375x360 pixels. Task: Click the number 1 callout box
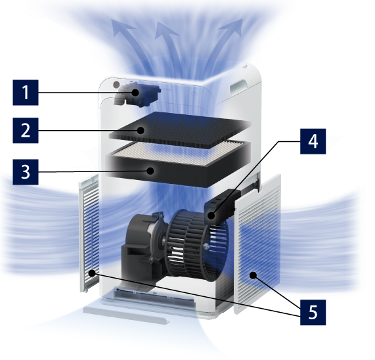click(x=26, y=93)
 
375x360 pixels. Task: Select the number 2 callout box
click(x=26, y=130)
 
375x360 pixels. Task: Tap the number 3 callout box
click(x=26, y=172)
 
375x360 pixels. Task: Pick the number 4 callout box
click(x=313, y=141)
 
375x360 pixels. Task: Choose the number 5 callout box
click(x=313, y=312)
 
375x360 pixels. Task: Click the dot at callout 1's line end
click(x=135, y=93)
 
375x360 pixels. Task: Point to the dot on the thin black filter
click(x=141, y=130)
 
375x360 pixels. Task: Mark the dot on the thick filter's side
click(x=150, y=171)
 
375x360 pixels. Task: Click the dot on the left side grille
click(x=92, y=273)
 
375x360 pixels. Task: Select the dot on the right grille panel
click(x=253, y=275)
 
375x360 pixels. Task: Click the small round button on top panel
click(x=116, y=85)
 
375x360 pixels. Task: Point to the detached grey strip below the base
click(x=126, y=314)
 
